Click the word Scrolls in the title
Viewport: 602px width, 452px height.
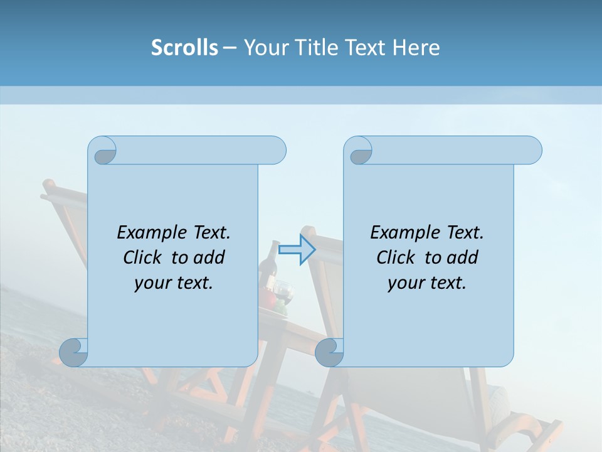click(184, 48)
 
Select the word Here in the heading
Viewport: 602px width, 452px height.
click(416, 48)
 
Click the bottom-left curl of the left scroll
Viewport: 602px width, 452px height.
click(74, 353)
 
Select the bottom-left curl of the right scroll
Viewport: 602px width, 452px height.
click(329, 353)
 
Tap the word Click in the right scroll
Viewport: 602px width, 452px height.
click(394, 257)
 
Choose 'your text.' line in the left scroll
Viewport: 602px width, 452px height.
click(174, 283)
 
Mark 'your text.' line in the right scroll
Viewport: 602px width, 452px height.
click(427, 283)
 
